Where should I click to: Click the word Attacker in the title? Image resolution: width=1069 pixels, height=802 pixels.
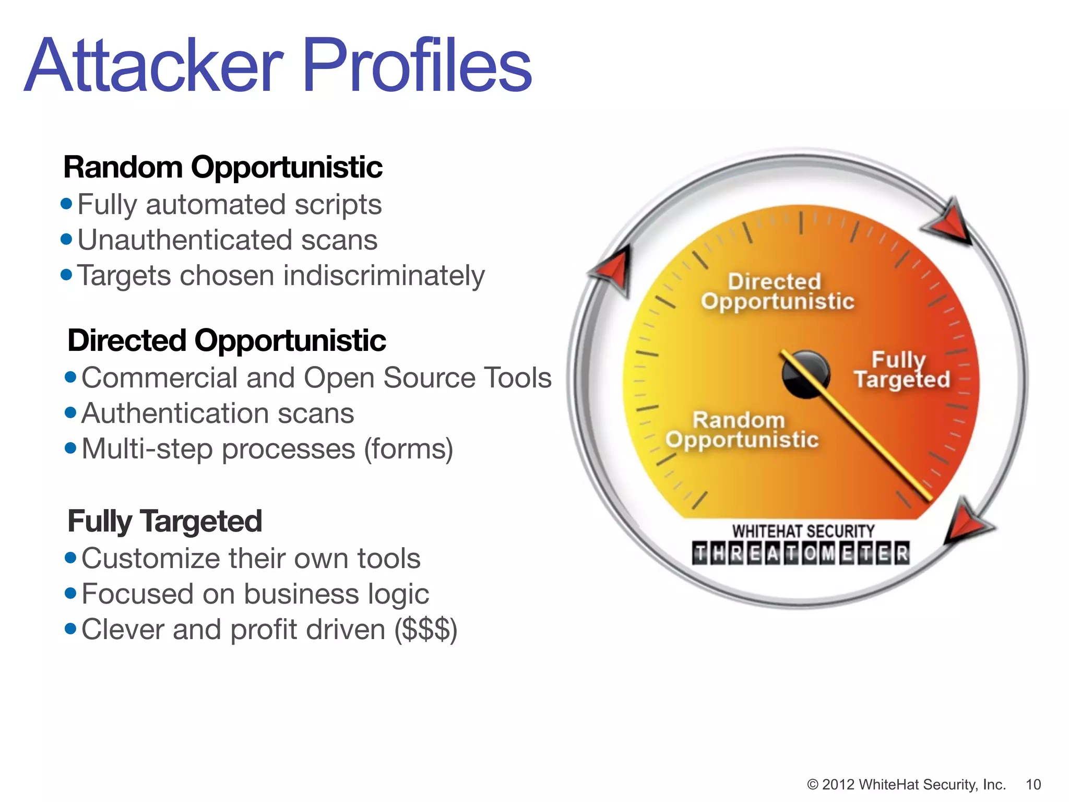tap(154, 67)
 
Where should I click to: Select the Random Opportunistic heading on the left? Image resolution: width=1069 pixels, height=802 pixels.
tap(223, 167)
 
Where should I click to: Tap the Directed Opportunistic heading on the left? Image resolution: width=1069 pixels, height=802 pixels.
tap(227, 340)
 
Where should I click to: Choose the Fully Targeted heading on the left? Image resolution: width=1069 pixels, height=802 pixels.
tap(164, 521)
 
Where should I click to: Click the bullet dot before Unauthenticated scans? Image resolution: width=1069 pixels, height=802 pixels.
tap(66, 240)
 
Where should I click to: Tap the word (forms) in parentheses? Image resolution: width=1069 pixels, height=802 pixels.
tap(408, 449)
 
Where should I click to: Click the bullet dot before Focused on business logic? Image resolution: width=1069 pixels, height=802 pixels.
tap(70, 594)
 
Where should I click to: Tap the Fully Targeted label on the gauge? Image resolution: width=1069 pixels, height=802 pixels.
tap(901, 370)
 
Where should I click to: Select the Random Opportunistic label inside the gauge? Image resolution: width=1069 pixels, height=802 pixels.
tap(741, 430)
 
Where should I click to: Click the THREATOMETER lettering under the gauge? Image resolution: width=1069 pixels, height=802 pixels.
tap(801, 553)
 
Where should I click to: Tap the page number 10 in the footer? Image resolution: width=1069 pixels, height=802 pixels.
tap(1033, 784)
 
